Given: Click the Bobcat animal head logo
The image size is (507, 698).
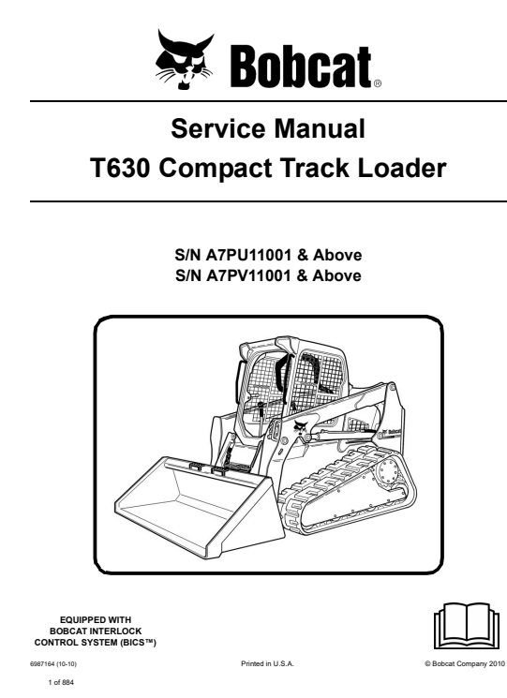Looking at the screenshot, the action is [185, 60].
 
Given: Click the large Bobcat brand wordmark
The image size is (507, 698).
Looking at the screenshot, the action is [301, 67].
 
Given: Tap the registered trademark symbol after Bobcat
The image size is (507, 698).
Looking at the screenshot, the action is [377, 83].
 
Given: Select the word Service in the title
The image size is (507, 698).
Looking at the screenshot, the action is [217, 128].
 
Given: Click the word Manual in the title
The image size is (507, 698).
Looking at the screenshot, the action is [320, 128].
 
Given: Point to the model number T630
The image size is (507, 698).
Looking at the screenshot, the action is [120, 169].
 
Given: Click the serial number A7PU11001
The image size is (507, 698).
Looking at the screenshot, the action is [248, 255].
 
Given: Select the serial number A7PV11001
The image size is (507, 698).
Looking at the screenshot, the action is [248, 275].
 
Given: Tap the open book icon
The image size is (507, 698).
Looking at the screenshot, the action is [468, 626].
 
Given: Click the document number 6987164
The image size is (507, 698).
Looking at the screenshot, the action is [42, 663].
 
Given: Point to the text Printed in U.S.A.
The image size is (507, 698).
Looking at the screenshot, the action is [267, 663].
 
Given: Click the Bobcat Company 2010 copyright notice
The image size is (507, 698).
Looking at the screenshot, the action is [465, 663].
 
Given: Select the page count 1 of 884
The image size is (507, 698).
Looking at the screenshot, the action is [61, 682].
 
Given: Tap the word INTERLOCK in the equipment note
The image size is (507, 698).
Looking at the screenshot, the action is [115, 631].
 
